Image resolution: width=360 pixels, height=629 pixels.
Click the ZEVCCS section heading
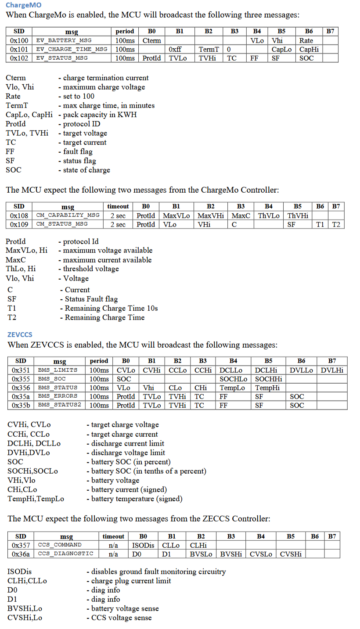click(20, 334)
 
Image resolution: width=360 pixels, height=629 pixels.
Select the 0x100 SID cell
click(19, 40)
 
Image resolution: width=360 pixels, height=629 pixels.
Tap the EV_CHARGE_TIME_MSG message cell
click(72, 49)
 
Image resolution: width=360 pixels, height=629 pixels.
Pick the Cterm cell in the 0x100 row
click(152, 40)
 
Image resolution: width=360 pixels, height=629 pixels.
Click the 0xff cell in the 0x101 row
click(176, 49)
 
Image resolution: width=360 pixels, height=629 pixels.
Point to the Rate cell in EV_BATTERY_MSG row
click(306, 40)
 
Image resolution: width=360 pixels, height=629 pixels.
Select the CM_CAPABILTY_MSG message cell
click(68, 216)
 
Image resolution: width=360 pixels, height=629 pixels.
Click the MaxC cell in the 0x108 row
click(241, 216)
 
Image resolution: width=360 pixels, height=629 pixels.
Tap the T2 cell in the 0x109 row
click(336, 224)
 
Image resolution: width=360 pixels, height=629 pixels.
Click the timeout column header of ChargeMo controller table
click(118, 206)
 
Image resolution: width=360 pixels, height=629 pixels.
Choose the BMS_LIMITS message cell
click(58, 370)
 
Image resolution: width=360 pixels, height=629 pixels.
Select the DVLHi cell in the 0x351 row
click(332, 370)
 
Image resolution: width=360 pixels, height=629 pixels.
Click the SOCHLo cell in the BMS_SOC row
click(234, 379)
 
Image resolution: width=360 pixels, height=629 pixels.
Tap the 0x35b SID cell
click(21, 405)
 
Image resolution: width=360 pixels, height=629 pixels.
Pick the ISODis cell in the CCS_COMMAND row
click(143, 545)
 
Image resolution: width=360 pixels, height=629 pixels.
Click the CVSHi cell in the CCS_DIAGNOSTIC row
click(291, 554)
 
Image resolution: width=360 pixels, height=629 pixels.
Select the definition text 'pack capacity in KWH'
click(100, 115)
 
